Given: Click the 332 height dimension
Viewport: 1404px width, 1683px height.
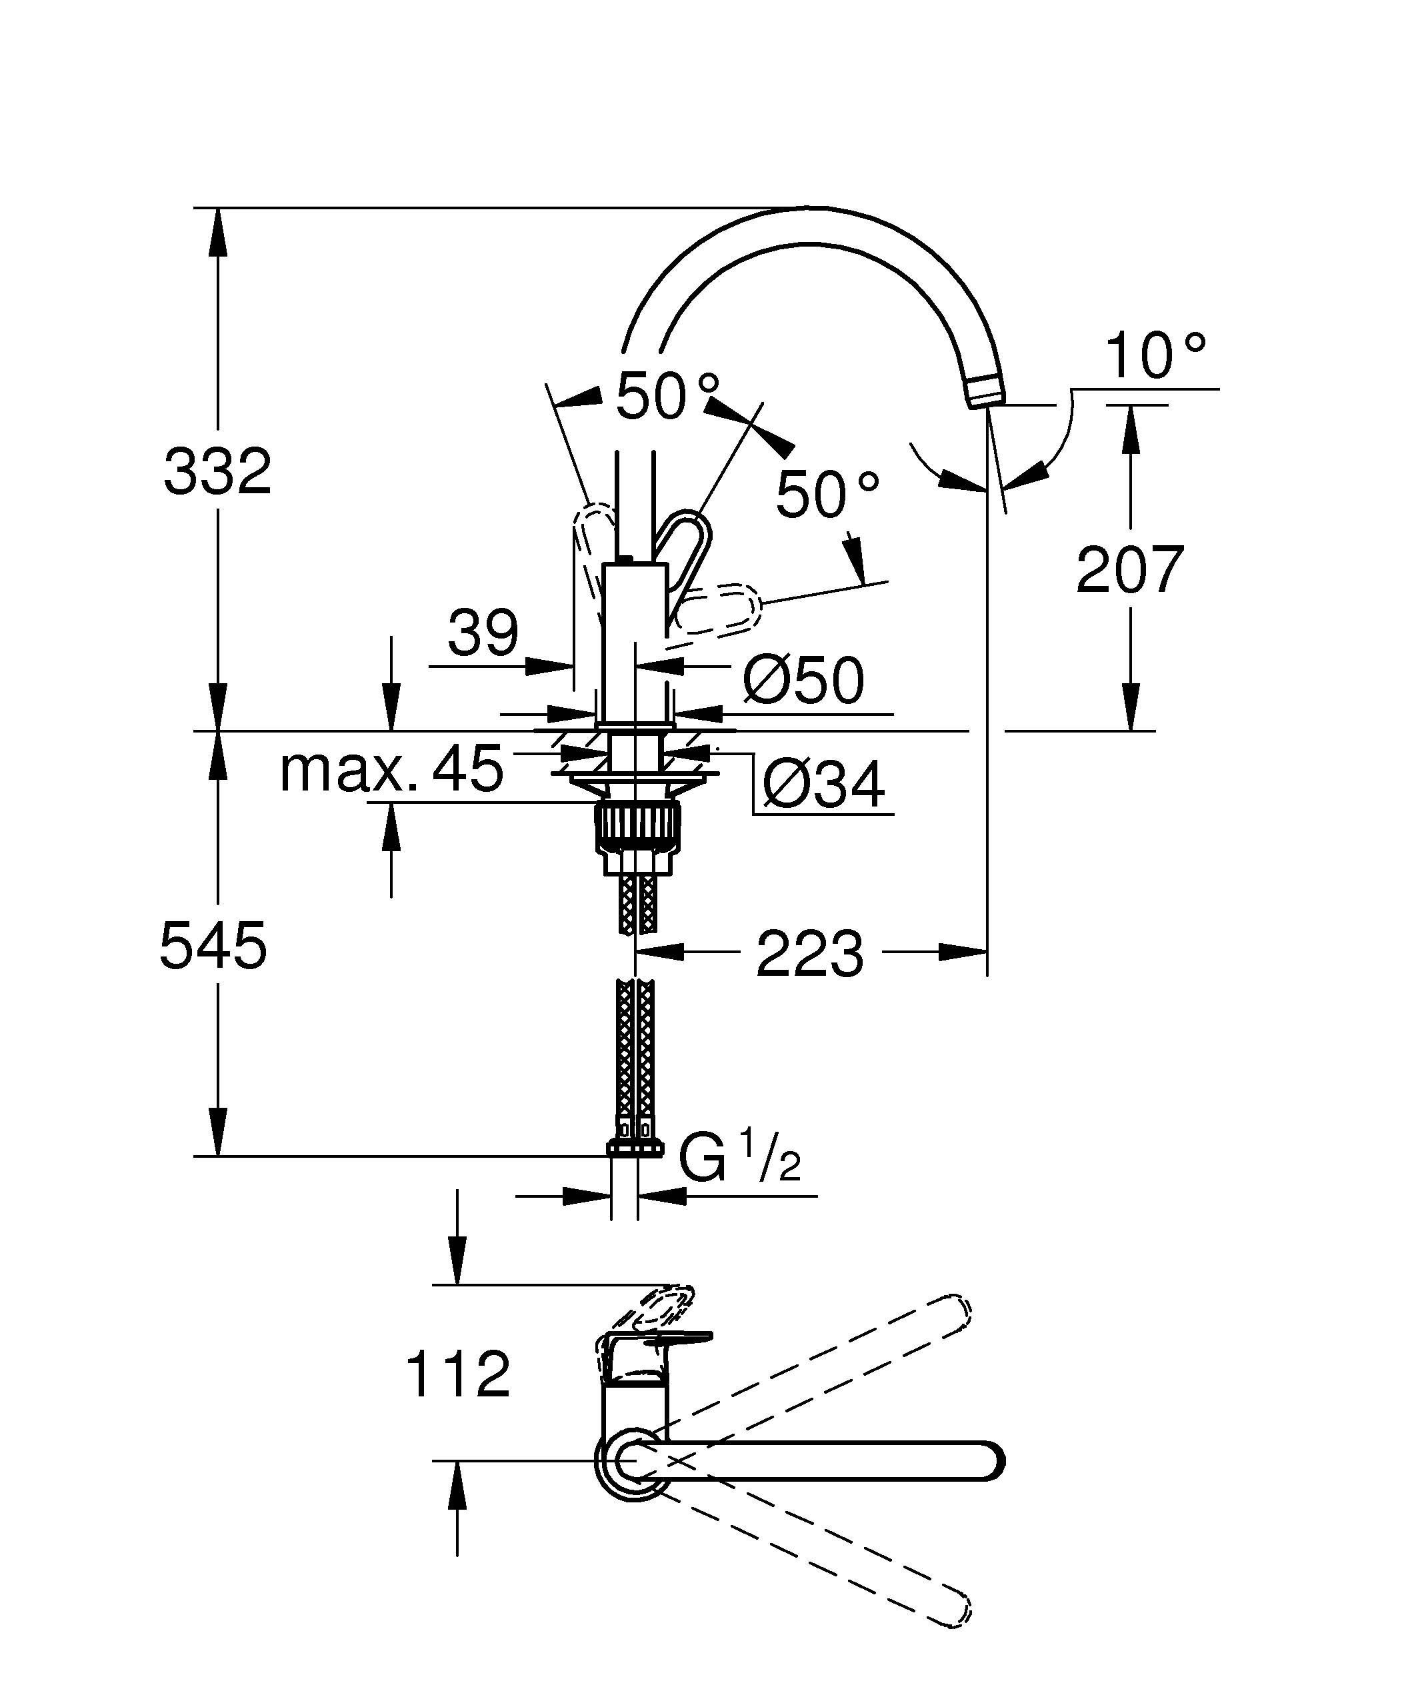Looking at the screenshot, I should [218, 471].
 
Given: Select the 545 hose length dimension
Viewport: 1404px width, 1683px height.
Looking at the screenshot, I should [213, 946].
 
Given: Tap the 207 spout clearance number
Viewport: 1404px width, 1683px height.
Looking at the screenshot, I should [1130, 569].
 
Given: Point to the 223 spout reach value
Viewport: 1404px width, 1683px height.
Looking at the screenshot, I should [809, 954].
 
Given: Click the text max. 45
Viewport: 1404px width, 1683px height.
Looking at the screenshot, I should [391, 769].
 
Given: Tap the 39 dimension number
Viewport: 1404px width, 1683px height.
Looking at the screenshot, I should [483, 633].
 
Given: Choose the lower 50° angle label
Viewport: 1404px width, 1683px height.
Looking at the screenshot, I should [827, 495].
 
